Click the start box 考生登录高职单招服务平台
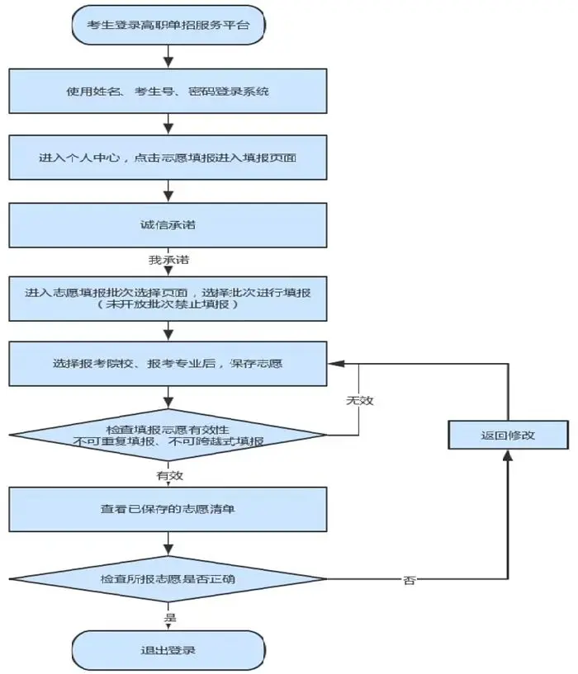(x=168, y=25)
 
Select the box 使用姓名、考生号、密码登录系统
(x=168, y=91)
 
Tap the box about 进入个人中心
(x=168, y=158)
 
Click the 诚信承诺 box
(x=168, y=225)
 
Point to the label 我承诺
(x=168, y=260)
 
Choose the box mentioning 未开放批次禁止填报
(x=168, y=299)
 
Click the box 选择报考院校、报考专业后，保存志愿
(x=168, y=364)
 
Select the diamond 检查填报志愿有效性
(x=168, y=435)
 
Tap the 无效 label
(x=360, y=401)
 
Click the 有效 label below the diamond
(x=169, y=475)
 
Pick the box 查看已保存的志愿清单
(x=168, y=509)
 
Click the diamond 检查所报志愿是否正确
(x=168, y=579)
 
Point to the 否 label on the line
(x=410, y=580)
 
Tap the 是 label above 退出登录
(x=170, y=618)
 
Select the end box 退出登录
(x=168, y=650)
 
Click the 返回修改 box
(x=509, y=435)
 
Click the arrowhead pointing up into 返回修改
(x=509, y=455)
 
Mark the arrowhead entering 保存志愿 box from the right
(x=336, y=364)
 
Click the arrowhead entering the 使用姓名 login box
(x=168, y=63)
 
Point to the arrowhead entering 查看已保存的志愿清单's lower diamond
(x=168, y=549)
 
